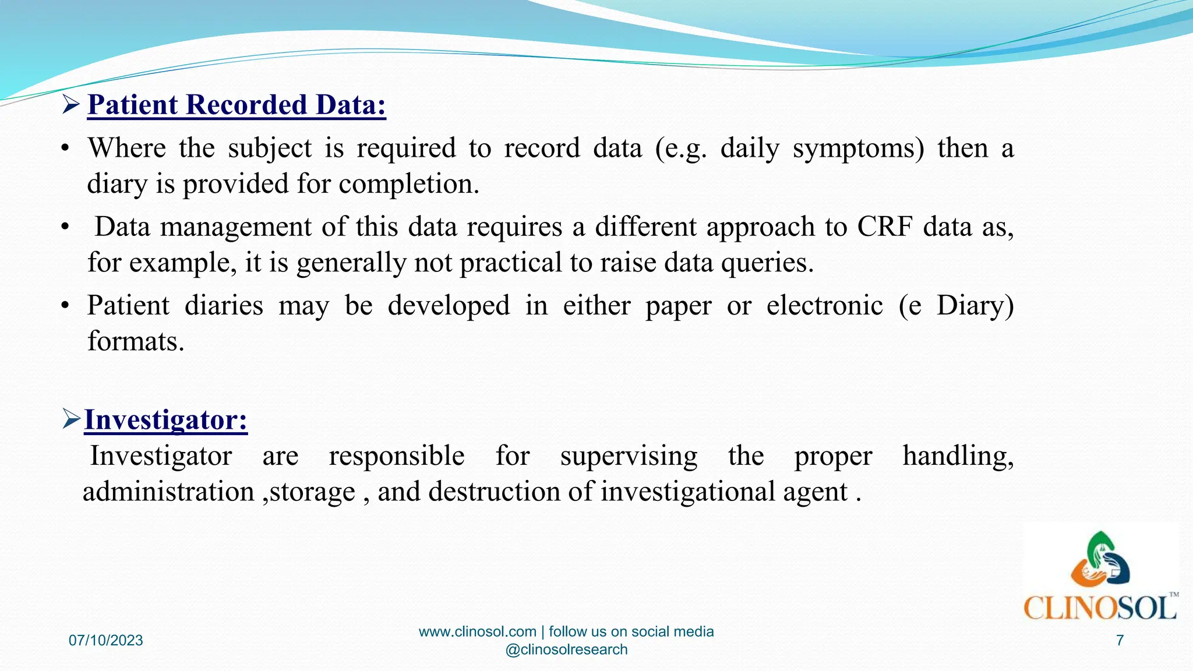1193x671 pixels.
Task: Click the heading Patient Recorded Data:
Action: (x=237, y=105)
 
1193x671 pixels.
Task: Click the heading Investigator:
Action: (x=166, y=419)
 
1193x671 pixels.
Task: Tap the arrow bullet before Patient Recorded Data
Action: (x=71, y=105)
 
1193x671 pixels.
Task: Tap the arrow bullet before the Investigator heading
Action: (x=71, y=419)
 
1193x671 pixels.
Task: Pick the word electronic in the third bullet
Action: (x=824, y=306)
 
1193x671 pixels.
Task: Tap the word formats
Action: (x=135, y=342)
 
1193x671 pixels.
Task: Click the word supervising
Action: (x=629, y=456)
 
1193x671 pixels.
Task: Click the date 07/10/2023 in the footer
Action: (x=105, y=641)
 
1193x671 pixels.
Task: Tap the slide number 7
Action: (x=1119, y=641)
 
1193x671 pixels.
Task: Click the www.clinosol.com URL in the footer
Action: (x=477, y=632)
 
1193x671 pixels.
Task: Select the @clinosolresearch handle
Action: (x=566, y=650)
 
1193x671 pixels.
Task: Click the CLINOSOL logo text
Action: (x=1100, y=609)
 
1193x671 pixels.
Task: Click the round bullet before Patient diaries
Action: (x=65, y=306)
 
